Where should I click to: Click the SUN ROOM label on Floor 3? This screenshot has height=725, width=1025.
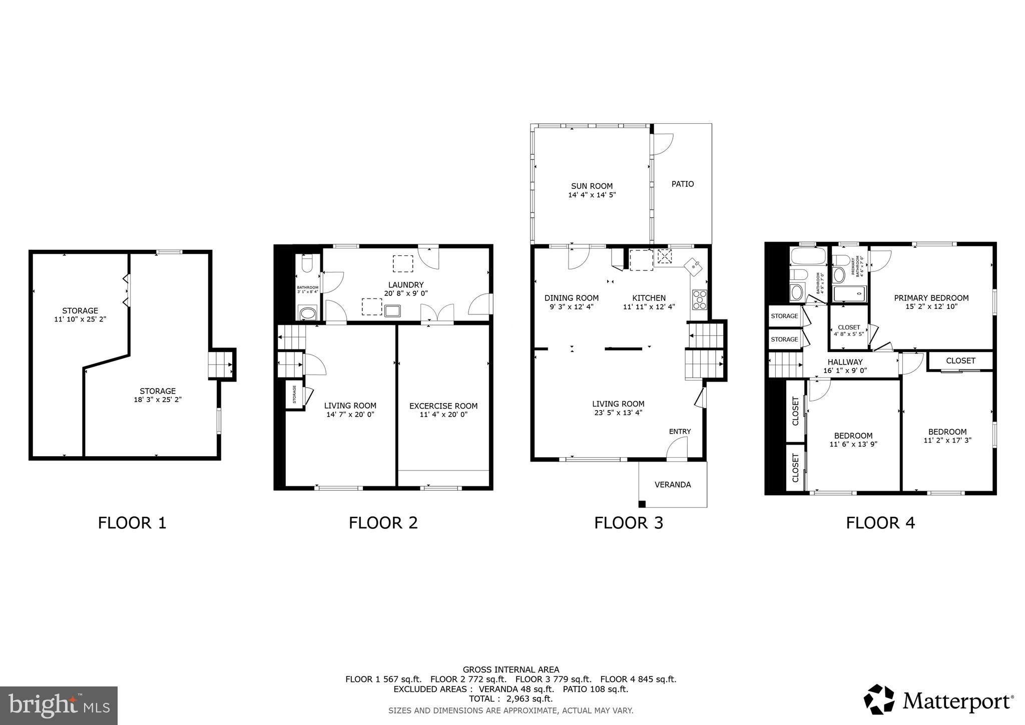click(x=592, y=186)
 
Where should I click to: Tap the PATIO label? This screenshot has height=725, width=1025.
click(x=682, y=184)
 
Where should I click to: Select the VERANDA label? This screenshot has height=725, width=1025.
click(x=672, y=484)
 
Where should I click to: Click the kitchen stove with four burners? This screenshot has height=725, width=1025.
click(x=699, y=299)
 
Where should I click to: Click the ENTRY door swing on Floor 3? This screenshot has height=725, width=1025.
click(x=677, y=447)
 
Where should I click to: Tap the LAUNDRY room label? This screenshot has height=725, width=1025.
click(x=405, y=285)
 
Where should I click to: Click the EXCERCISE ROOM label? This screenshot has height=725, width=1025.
click(x=443, y=406)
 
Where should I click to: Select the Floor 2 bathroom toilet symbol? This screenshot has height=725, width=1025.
click(x=307, y=262)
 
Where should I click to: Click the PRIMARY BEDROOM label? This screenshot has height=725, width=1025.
click(x=931, y=298)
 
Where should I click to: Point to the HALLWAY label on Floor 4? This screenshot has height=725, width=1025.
click(x=845, y=362)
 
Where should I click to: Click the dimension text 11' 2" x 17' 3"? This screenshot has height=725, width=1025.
click(x=947, y=441)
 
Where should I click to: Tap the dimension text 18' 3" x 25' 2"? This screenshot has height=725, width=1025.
click(x=157, y=400)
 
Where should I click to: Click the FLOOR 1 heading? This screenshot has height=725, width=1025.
click(x=132, y=523)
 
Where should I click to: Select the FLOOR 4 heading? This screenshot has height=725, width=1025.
click(x=880, y=523)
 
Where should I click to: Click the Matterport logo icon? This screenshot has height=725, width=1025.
click(x=879, y=699)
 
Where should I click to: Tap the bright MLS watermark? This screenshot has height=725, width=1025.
click(x=59, y=705)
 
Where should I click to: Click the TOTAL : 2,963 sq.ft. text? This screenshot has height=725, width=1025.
click(x=510, y=698)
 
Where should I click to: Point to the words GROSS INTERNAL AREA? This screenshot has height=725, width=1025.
click(x=510, y=669)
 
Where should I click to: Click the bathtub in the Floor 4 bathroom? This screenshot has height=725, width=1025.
click(x=807, y=257)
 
